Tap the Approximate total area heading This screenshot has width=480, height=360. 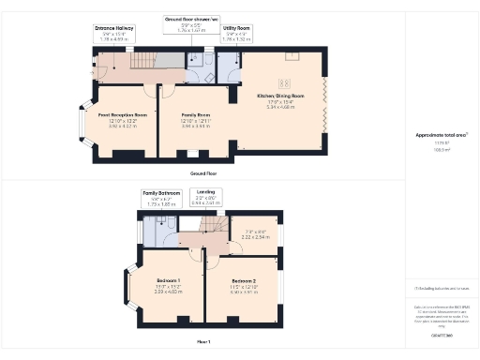(x=442, y=136)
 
